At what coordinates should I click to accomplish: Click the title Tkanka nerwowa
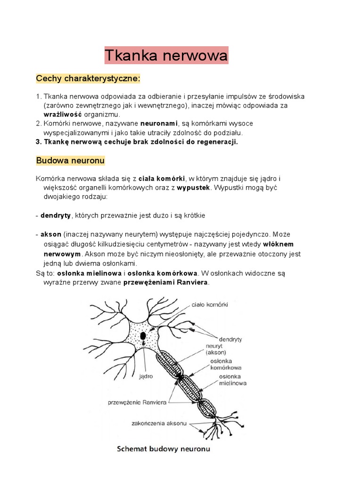166,55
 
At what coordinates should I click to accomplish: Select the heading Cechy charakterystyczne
89,78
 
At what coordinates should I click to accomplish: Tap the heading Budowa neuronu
70,160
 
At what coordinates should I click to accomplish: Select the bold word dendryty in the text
55,215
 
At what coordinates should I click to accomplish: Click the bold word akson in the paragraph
51,233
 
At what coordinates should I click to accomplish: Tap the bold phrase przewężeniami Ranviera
165,283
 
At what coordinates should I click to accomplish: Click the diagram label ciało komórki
210,305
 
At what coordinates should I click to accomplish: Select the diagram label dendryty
230,339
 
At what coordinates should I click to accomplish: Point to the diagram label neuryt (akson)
216,349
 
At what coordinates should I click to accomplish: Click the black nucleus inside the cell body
142,336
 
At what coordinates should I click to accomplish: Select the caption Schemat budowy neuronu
164,449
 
